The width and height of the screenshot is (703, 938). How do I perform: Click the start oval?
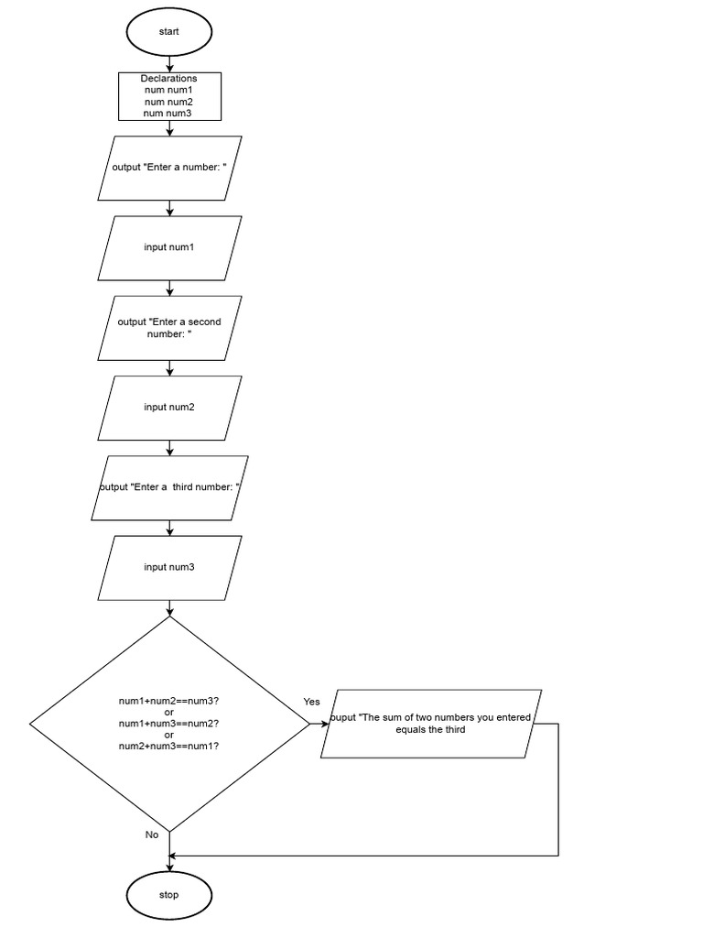(x=168, y=31)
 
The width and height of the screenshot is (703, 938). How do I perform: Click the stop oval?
(x=168, y=895)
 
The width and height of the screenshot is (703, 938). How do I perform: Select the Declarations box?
(x=169, y=96)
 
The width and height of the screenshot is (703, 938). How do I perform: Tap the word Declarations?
(x=169, y=79)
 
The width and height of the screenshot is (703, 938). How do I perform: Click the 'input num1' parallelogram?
(x=169, y=247)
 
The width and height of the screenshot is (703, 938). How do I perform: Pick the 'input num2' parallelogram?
(x=169, y=407)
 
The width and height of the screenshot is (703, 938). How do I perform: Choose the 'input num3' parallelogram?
(x=169, y=567)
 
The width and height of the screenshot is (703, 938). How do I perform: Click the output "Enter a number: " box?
(x=169, y=168)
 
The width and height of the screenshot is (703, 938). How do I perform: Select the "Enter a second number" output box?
(x=169, y=328)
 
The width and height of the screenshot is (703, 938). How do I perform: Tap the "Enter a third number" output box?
(x=169, y=487)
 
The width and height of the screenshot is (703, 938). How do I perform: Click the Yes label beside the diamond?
(x=312, y=702)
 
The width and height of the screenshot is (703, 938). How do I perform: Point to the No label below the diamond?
(x=152, y=834)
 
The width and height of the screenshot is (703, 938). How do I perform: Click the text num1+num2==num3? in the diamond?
(x=169, y=701)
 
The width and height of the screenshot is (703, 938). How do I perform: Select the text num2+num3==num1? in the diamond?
(x=169, y=747)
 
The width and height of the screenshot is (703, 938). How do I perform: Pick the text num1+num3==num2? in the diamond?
(x=169, y=724)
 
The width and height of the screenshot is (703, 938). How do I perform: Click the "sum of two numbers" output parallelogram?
(x=430, y=724)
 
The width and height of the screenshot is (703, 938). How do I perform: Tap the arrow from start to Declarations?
(x=169, y=63)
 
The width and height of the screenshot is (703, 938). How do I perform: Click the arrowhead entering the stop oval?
(x=169, y=867)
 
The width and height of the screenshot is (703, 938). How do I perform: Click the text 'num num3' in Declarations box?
(x=169, y=114)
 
